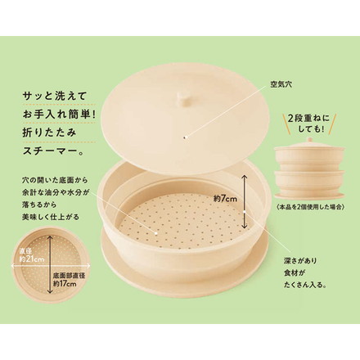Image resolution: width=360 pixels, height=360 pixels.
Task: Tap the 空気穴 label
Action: tap(281, 84)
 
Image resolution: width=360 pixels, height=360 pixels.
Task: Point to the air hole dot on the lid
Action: tap(185, 137)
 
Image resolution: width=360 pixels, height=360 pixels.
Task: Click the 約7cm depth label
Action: tap(225, 199)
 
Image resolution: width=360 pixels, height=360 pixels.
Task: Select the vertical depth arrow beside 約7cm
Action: tap(245, 202)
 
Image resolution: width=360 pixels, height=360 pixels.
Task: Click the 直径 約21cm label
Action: tap(32, 255)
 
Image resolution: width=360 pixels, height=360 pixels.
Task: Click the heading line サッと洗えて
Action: tap(55, 97)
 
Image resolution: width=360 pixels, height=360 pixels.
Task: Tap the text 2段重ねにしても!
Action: tap(309, 124)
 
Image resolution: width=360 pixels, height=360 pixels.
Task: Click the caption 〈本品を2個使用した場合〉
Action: tap(309, 206)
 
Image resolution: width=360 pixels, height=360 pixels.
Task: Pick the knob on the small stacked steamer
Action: tap(309, 140)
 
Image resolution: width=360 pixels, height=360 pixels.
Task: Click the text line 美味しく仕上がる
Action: tap(51, 217)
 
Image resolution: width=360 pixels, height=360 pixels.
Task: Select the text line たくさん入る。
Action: tap(305, 285)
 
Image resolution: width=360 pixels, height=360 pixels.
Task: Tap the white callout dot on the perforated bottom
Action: tap(155, 233)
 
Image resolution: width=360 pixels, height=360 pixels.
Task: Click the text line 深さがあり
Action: tap(299, 261)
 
